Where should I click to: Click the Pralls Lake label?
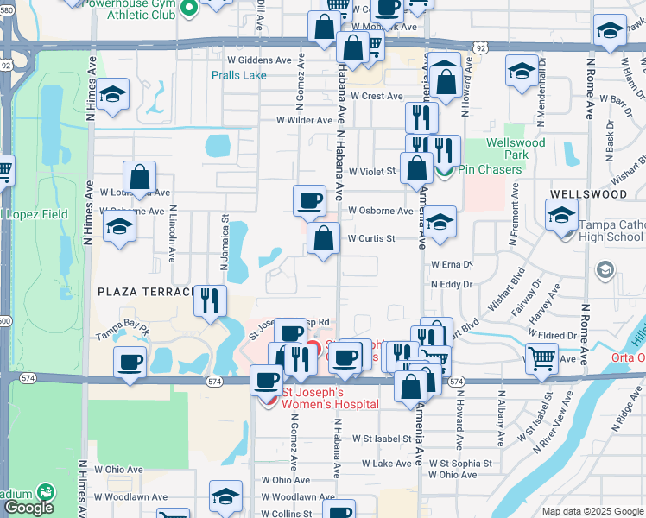239,75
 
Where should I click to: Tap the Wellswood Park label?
516,148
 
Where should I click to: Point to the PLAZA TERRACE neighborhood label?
143,292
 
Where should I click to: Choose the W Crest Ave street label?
376,96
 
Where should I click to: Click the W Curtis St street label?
371,238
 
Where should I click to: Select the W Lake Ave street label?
387,464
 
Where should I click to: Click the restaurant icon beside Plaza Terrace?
210,300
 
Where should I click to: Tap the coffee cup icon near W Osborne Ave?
309,202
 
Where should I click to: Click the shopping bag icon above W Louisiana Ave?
139,178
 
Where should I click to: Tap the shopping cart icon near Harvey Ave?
541,357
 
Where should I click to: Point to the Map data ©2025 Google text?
592,511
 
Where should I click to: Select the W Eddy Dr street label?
452,283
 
